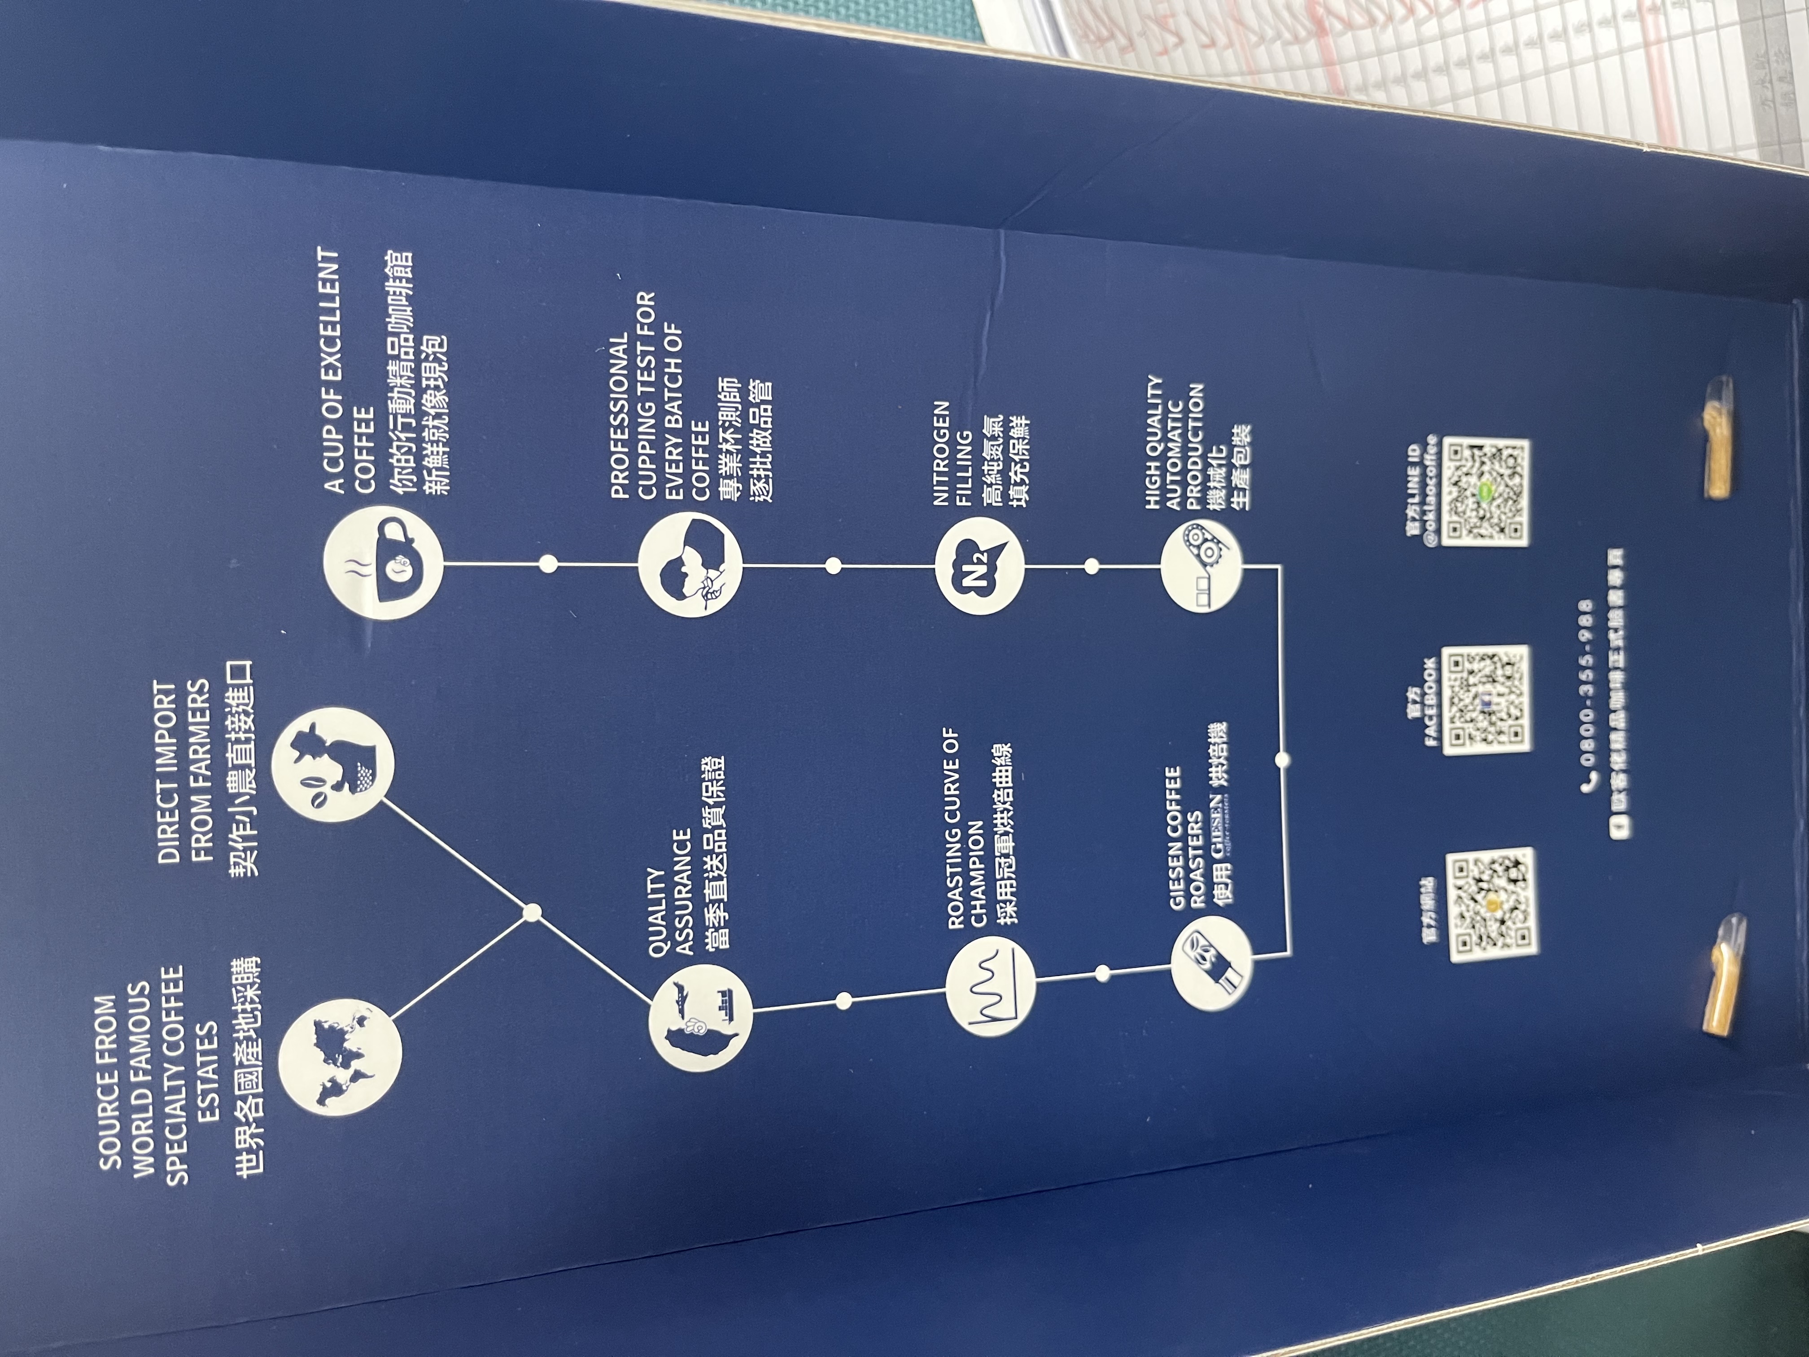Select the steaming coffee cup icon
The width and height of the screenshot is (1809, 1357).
384,565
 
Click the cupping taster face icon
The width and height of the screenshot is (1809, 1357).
690,565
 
